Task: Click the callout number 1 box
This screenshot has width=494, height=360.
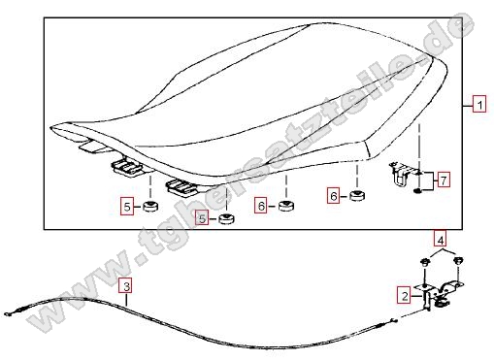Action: tap(479, 104)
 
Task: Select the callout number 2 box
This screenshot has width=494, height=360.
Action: tap(405, 295)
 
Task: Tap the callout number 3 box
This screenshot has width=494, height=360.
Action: tap(126, 285)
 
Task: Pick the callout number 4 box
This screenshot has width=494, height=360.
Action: tap(441, 240)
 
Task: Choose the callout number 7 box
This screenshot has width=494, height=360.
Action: tap(444, 180)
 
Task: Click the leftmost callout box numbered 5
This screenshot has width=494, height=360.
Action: tap(127, 206)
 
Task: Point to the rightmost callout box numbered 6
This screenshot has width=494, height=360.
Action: tap(334, 196)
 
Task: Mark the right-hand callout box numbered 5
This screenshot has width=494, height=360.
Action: tap(202, 218)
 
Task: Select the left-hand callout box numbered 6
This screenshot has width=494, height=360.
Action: tap(261, 206)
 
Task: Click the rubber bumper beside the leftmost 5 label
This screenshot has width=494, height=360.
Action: tap(150, 206)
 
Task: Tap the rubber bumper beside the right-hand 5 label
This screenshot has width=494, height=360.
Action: tap(226, 218)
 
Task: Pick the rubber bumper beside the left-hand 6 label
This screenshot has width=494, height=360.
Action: tap(286, 206)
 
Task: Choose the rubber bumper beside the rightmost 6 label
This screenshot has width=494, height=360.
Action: tap(357, 195)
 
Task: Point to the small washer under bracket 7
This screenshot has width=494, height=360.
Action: tap(417, 191)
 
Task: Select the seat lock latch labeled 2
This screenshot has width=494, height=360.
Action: tap(440, 296)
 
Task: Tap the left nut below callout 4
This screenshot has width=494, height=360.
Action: tap(425, 262)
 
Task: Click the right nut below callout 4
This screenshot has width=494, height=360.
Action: tap(458, 260)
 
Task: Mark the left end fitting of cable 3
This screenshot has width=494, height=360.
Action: tap(8, 313)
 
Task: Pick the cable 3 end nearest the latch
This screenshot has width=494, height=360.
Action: tap(393, 321)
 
